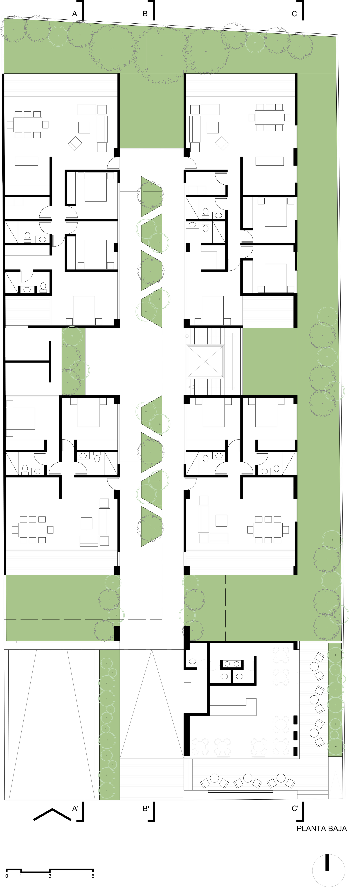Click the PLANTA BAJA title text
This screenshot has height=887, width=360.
322,829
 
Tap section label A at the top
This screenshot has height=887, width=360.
74,14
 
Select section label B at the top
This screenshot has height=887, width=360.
145,14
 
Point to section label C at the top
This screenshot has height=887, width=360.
294,14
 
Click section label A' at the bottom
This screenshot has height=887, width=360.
75,809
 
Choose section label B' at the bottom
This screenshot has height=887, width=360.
146,809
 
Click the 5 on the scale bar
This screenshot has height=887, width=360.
93,876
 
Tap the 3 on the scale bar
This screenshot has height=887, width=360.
50,876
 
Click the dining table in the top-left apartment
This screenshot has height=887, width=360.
28,125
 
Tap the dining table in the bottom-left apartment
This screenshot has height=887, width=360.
33,530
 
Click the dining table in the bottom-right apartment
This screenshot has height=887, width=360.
268,530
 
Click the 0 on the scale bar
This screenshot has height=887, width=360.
7,876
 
